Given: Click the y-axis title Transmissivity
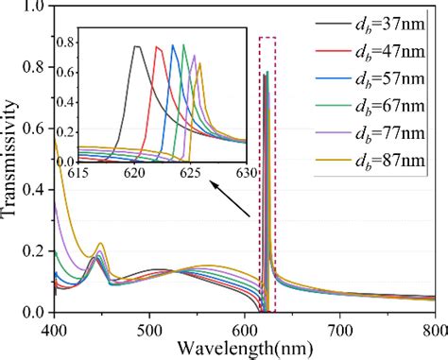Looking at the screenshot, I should point(12,161).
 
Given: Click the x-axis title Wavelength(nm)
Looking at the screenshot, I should point(247,346).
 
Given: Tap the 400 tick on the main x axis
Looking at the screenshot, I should point(55,330).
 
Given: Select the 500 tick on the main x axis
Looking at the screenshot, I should point(150,330).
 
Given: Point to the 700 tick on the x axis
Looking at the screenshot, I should point(341,330).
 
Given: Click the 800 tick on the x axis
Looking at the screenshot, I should point(434,330).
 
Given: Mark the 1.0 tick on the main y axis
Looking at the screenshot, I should point(34,8).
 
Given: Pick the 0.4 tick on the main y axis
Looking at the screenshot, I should point(34,190).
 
